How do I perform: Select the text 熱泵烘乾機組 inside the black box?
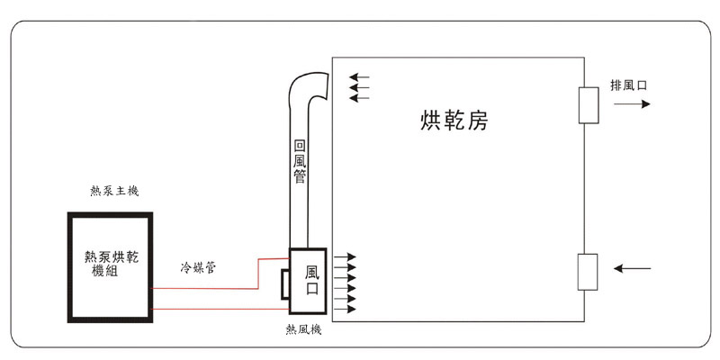click(x=111, y=264)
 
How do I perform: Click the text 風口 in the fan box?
click(x=312, y=279)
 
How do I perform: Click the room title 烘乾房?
click(x=454, y=120)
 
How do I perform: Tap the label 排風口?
click(x=629, y=85)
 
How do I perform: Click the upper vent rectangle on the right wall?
click(x=589, y=104)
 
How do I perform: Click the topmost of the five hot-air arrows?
click(x=345, y=257)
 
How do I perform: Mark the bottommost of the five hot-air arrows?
click(x=345, y=309)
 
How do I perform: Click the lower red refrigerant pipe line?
click(x=220, y=309)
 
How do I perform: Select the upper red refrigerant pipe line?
click(x=207, y=288)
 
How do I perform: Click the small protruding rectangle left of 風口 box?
click(x=283, y=283)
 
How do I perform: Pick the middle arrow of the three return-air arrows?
click(x=359, y=86)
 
